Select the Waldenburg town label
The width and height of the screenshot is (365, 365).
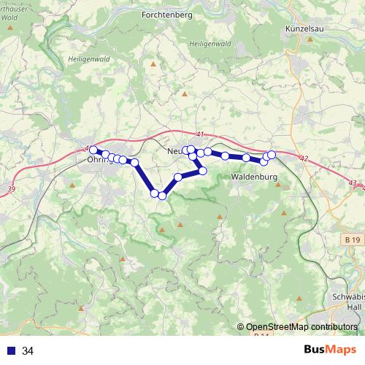[253, 177]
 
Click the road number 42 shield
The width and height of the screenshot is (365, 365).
[304, 158]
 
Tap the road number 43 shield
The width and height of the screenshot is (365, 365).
[353, 183]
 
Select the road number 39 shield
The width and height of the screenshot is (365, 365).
[10, 189]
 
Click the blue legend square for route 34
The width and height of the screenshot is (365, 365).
[11, 351]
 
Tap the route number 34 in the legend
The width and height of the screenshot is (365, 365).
[28, 351]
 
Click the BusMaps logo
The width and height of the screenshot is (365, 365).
[330, 350]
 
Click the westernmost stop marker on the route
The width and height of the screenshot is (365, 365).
[93, 150]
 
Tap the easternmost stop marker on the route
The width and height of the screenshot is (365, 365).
[272, 154]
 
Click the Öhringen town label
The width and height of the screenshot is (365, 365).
[99, 160]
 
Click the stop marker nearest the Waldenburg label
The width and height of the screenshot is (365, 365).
[264, 161]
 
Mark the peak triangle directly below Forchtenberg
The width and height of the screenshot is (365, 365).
[153, 64]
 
